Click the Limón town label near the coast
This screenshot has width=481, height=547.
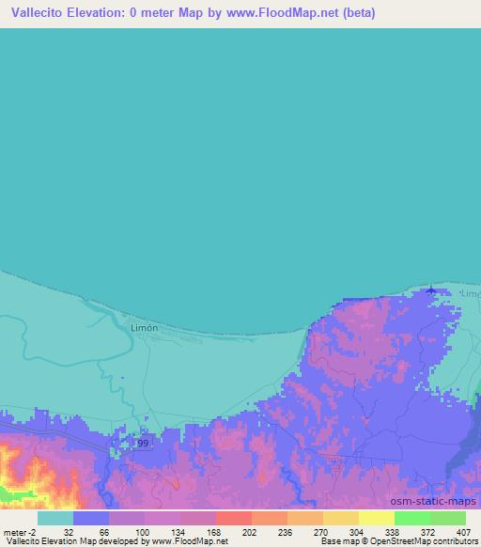143,327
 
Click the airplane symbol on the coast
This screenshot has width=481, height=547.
431,289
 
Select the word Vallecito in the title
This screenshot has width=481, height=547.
38,11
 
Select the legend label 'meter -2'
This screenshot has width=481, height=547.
19,531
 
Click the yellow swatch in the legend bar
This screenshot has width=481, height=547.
376,518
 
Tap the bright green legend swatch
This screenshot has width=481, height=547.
411,518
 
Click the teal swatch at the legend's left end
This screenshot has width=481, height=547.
55,518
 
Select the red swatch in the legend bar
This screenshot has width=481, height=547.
233,518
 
